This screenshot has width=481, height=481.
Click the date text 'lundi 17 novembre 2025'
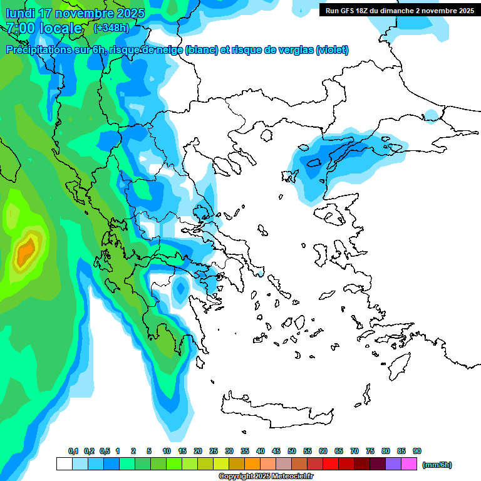[75, 13]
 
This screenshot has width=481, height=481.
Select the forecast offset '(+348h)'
[111, 28]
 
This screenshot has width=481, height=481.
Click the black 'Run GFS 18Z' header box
[399, 11]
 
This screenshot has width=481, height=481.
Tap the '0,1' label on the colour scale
[73, 452]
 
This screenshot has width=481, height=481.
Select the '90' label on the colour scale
[417, 452]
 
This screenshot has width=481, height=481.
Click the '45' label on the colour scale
[276, 452]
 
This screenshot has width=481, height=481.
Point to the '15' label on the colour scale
[182, 452]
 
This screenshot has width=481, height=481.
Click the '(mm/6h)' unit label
[437, 465]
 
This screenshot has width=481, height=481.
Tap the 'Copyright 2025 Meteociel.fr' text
[266, 477]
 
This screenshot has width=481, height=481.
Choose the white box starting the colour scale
[64, 464]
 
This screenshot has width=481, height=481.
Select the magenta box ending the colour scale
[409, 464]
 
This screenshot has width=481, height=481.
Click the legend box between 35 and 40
[252, 464]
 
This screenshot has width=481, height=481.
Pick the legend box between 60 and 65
[331, 464]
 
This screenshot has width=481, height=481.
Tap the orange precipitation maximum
[26, 252]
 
